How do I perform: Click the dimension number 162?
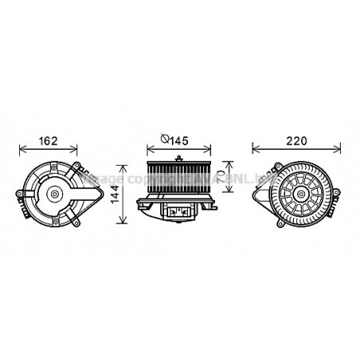[49, 142]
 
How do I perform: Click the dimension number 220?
[296, 142]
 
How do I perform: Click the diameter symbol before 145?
[165, 142]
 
